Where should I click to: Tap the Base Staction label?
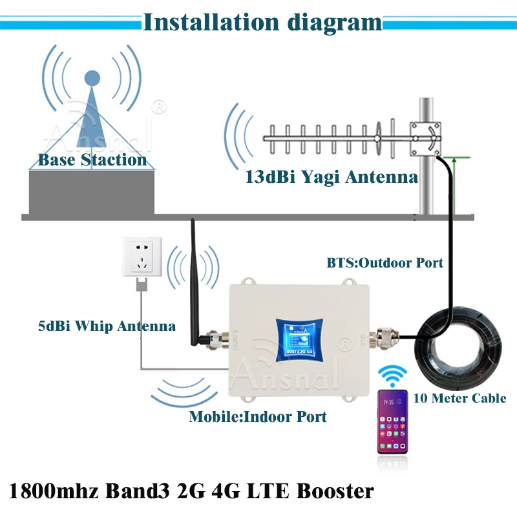click(92, 160)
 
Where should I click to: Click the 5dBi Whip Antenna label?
click(106, 326)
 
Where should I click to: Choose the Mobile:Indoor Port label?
click(258, 416)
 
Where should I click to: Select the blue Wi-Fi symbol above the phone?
click(393, 375)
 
